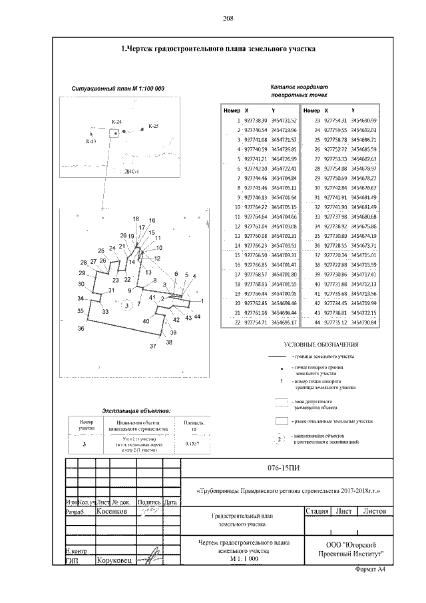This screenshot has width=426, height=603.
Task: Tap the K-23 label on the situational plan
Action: [91, 142]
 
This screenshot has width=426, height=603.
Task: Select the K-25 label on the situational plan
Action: [153, 126]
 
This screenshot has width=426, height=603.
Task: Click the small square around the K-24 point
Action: [115, 133]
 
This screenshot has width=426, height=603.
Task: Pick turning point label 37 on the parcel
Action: [152, 346]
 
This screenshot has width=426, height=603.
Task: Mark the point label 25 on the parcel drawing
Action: [101, 251]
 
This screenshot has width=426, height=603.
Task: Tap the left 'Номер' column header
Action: [232, 109]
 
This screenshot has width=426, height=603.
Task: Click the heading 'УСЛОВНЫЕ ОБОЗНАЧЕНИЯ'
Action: [321, 345]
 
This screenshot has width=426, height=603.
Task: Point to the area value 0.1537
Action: [193, 443]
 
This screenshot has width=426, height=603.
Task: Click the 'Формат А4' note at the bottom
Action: [372, 572]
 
